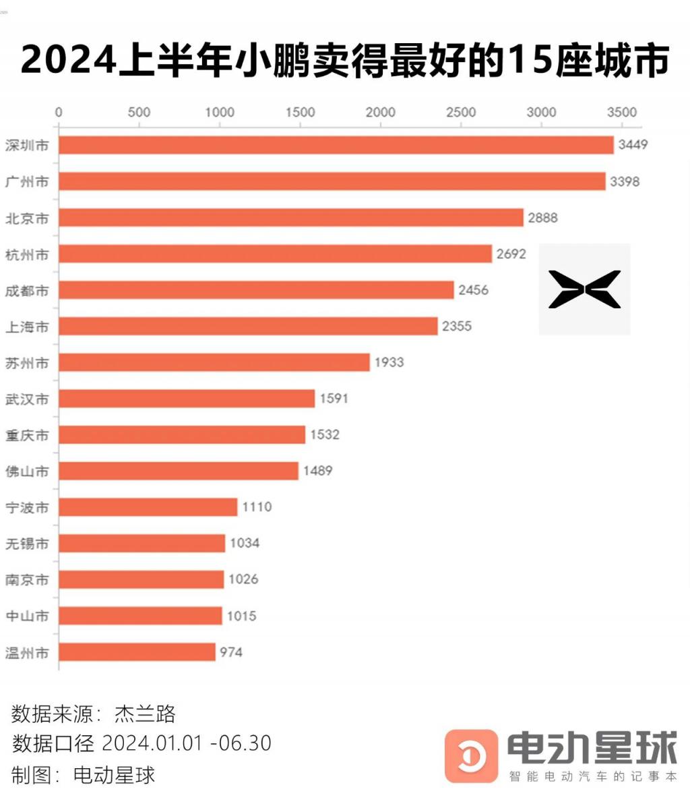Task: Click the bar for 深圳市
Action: tap(336, 145)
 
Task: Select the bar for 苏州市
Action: tap(214, 362)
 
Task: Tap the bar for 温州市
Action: tap(137, 652)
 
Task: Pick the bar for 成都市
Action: tap(256, 290)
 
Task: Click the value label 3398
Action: tap(625, 181)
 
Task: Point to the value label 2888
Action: tap(542, 218)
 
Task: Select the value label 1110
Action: tap(257, 507)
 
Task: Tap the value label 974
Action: tap(230, 652)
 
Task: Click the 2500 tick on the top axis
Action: tap(461, 112)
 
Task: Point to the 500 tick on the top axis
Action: tap(139, 112)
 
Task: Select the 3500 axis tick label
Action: tap(621, 112)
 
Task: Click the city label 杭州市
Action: tap(27, 254)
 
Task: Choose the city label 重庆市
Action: tap(27, 435)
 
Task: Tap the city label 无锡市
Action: tap(27, 544)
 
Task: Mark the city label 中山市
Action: tap(27, 616)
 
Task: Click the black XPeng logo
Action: tap(584, 289)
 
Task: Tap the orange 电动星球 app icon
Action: tap(471, 756)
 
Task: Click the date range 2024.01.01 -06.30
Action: tap(187, 743)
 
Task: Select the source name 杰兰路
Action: tap(145, 713)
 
